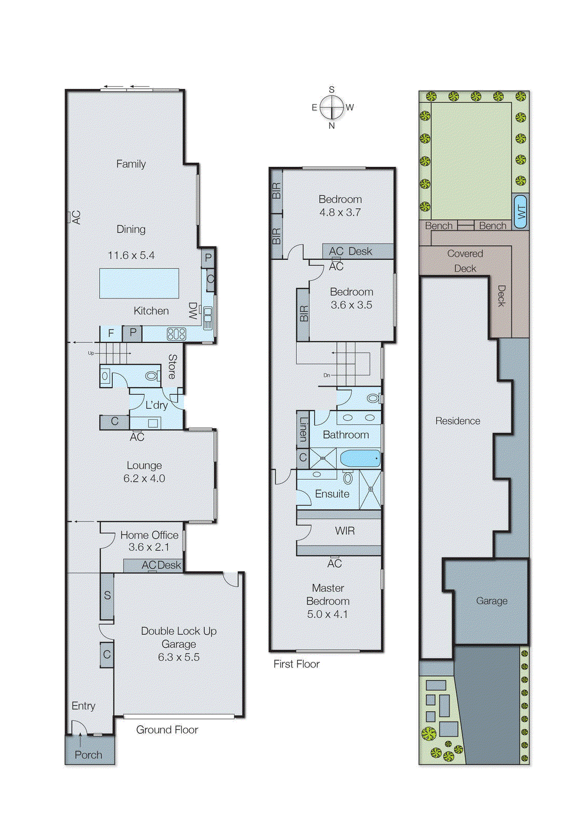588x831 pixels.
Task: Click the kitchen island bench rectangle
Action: tap(139, 283)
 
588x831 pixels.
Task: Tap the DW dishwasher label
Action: tap(193, 311)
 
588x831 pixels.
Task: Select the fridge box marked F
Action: tap(111, 333)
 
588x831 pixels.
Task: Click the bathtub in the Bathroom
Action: tap(360, 459)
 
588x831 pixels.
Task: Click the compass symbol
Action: tap(332, 108)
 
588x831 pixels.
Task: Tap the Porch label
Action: tap(88, 755)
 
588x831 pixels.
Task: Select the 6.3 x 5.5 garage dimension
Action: tap(179, 657)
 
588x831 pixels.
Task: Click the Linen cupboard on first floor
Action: tap(303, 430)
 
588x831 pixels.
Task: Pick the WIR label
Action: tap(345, 531)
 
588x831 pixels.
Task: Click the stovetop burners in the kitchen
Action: tap(176, 334)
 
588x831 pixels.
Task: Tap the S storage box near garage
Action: tap(107, 596)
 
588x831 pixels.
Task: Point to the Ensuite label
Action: tap(332, 494)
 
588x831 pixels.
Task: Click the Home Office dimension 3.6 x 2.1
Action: tap(148, 547)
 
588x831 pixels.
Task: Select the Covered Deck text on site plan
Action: tap(465, 261)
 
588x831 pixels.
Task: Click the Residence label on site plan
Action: tap(458, 421)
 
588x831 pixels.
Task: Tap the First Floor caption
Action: tap(296, 664)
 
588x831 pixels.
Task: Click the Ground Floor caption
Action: tap(167, 730)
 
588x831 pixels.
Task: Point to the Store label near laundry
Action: tap(172, 366)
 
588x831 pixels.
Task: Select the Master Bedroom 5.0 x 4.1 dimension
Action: tap(327, 614)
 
